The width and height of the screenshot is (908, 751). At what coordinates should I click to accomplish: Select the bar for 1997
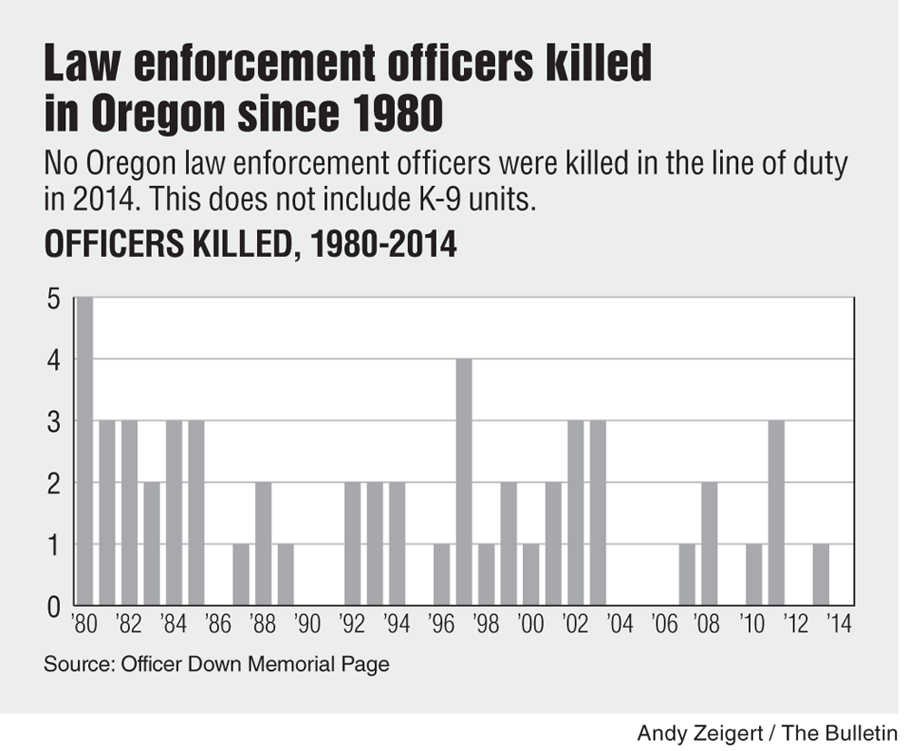click(x=463, y=482)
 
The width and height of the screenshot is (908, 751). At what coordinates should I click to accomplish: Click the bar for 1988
click(x=263, y=543)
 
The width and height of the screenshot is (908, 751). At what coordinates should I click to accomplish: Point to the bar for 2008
click(x=709, y=543)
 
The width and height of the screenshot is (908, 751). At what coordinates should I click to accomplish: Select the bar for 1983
click(x=152, y=543)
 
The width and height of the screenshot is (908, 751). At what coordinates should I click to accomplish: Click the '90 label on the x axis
click(x=308, y=625)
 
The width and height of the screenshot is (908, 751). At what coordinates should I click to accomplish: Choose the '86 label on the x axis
click(x=219, y=625)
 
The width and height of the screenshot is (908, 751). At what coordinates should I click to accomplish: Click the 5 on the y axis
click(x=54, y=299)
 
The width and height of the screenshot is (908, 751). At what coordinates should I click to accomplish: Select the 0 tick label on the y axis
click(x=54, y=605)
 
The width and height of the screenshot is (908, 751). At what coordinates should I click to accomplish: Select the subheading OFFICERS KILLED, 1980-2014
click(x=250, y=245)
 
